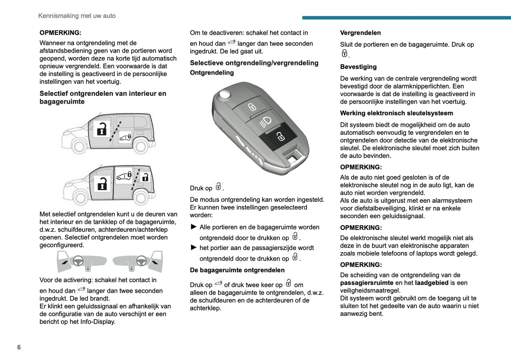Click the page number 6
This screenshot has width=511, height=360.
19,347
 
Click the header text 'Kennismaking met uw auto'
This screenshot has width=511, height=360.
77,16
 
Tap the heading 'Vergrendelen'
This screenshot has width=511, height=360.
360,33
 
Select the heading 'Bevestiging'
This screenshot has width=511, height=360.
358,67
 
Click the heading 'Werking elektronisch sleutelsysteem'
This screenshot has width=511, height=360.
396,113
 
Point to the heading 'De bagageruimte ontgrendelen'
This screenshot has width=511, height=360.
237,270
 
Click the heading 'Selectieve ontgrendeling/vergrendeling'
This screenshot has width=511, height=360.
254,63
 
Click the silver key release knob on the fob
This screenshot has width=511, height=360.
224,94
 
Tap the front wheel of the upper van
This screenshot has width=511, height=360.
79,146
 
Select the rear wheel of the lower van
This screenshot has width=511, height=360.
141,198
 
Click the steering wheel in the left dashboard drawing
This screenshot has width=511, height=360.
78,261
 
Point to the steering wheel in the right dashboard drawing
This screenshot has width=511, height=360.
141,261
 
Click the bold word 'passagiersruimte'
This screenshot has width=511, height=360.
366,283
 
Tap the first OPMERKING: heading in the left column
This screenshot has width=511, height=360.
60,33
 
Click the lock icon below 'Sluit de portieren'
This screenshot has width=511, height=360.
344,53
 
